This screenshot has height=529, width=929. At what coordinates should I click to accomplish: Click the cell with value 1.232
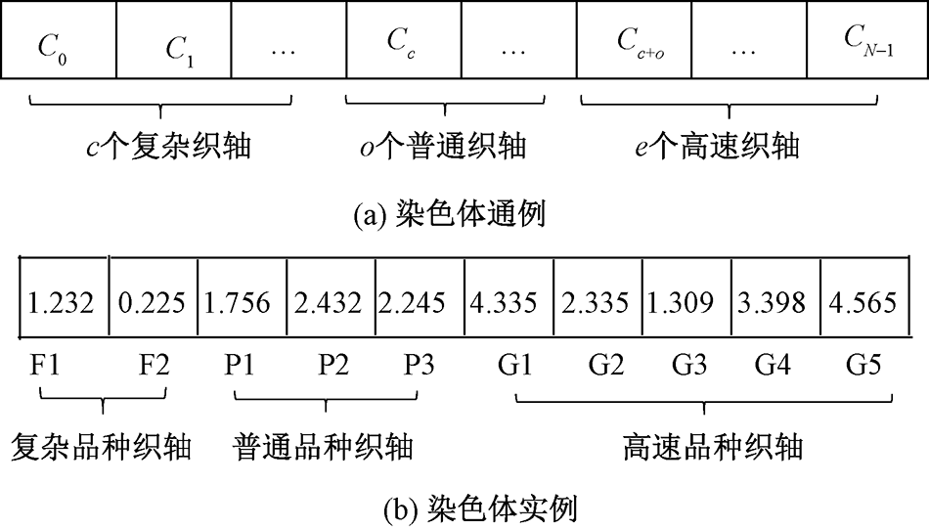(61, 301)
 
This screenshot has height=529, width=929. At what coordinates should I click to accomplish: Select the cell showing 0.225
(152, 301)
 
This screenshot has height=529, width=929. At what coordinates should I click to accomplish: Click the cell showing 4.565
(862, 301)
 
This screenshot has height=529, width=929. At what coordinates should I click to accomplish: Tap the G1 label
(514, 367)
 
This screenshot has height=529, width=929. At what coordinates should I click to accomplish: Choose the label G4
(774, 367)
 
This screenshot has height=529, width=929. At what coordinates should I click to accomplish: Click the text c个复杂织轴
(167, 147)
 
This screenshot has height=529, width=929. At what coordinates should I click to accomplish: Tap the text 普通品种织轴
(323, 447)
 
